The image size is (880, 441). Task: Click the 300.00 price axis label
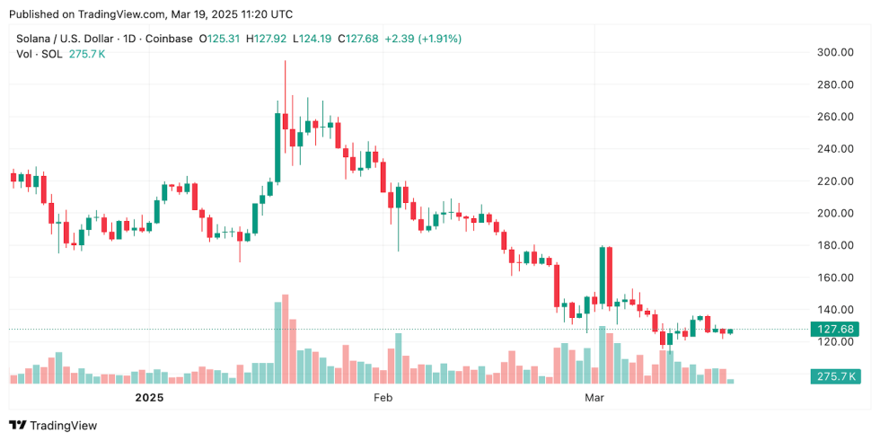tap(834, 52)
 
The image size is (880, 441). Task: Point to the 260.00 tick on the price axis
tap(834, 117)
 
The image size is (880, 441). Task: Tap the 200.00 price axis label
tap(834, 213)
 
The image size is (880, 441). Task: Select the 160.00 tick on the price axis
tap(834, 278)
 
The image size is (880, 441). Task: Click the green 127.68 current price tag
tap(834, 329)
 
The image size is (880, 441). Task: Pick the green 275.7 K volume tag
tap(834, 375)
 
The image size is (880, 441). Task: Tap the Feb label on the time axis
tap(383, 397)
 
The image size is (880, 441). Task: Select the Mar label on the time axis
tap(593, 397)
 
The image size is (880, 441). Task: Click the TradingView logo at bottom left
tap(53, 426)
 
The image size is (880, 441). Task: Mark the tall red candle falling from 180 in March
tap(610, 276)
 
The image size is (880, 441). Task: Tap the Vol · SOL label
tap(37, 54)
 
